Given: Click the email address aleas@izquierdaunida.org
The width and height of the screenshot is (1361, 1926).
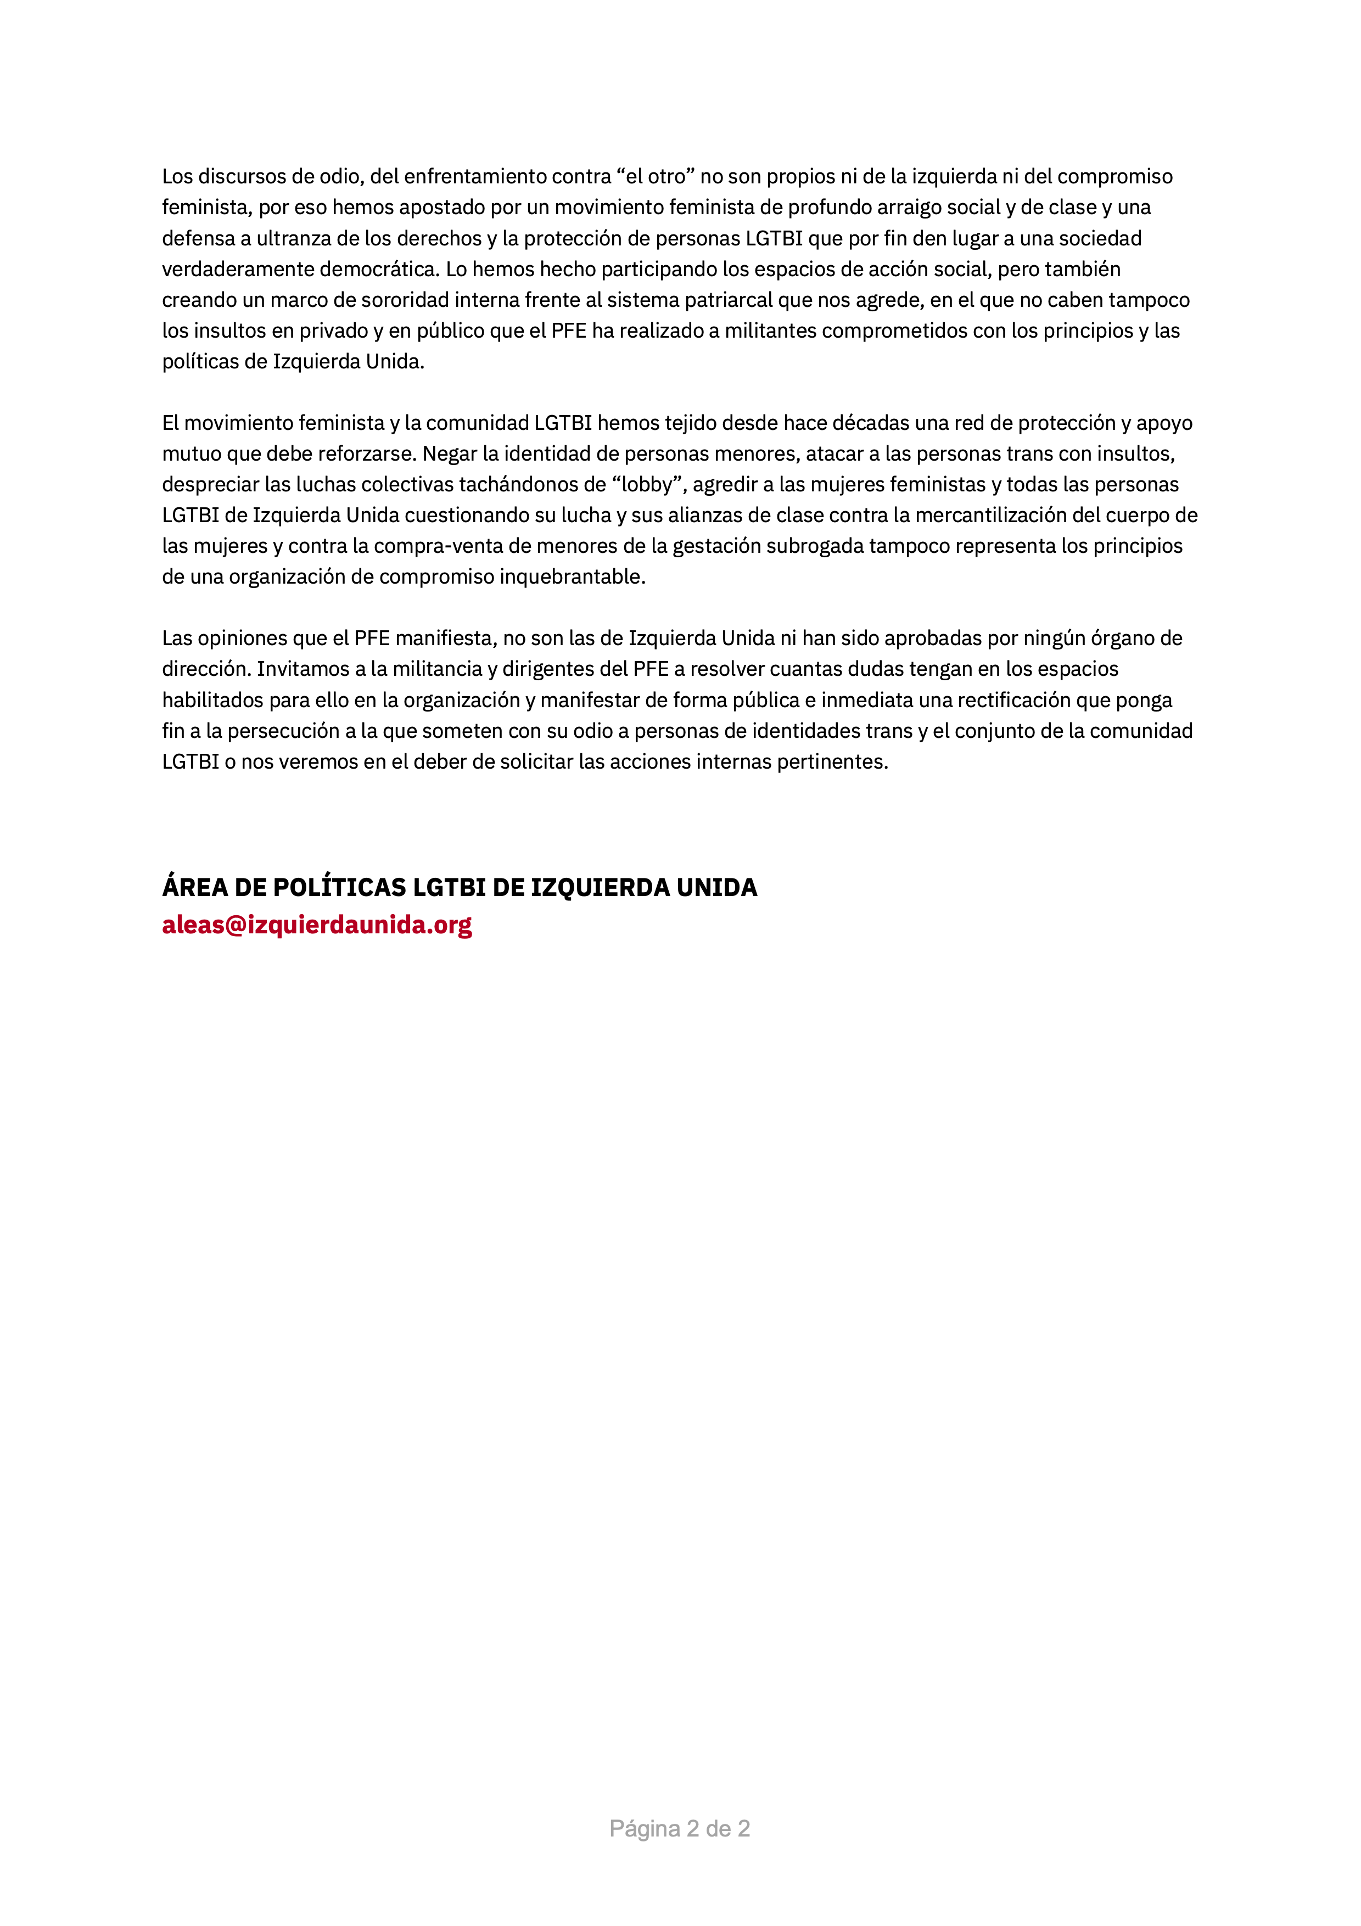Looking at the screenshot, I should (317, 925).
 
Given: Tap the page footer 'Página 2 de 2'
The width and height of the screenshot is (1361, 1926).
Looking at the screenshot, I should (679, 1829).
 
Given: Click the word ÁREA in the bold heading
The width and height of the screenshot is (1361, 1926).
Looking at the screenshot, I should (189, 887).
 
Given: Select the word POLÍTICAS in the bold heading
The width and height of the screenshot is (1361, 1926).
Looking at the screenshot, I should (340, 887).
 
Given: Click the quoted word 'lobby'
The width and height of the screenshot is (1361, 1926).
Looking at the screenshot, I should (646, 485).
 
